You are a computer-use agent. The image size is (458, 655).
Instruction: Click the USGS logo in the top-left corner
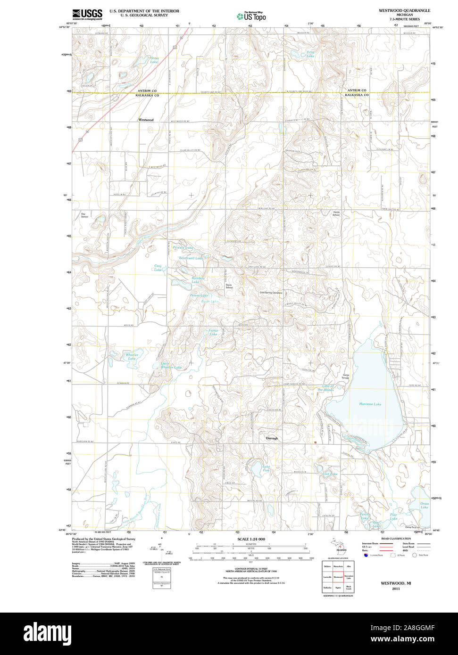87,14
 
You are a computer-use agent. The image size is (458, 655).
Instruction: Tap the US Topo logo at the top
251,16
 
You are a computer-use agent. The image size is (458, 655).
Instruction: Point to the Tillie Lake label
310,54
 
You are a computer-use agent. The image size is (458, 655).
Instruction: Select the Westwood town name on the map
146,120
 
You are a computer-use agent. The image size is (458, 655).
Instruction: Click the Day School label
84,215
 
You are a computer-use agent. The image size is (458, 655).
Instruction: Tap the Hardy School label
336,213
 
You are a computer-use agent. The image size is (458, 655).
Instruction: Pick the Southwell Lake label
191,258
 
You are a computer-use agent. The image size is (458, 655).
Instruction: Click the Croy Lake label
158,268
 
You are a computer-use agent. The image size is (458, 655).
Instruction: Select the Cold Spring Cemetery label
271,293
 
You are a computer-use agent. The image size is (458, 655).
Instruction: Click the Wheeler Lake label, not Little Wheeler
132,356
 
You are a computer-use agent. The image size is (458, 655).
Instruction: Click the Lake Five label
266,468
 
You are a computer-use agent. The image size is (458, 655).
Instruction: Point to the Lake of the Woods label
325,388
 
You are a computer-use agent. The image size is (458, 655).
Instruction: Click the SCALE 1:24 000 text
251,539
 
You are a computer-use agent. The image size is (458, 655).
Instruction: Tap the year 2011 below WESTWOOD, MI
395,589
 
